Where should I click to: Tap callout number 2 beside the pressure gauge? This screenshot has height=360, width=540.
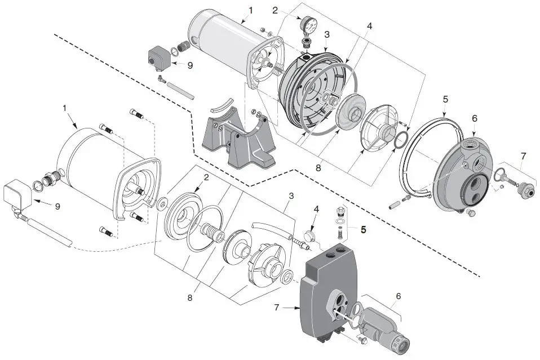(x=275, y=10)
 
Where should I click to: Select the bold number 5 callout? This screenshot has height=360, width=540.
(x=364, y=230)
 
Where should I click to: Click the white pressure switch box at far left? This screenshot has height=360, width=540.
(x=16, y=194)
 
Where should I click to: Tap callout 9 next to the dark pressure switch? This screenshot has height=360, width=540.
(x=189, y=65)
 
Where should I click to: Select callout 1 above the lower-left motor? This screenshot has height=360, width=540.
(x=65, y=107)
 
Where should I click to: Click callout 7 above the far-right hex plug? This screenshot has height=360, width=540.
(x=524, y=154)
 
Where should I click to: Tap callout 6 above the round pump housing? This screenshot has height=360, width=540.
(x=474, y=118)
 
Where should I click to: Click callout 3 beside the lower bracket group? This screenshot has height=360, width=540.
(x=291, y=195)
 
